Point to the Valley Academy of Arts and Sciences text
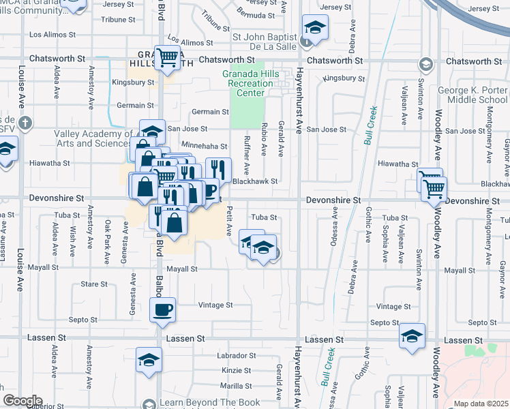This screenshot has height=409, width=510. (93, 138)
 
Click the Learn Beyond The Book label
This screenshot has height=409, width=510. (210, 403)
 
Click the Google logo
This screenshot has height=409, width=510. (22, 401)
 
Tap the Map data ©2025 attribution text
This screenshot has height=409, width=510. (481, 404)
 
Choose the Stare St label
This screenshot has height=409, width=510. (94, 284)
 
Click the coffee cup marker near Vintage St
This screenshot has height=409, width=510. (162, 310)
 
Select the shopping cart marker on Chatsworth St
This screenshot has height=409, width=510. (167, 57)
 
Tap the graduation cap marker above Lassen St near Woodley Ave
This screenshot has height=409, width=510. (412, 336)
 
